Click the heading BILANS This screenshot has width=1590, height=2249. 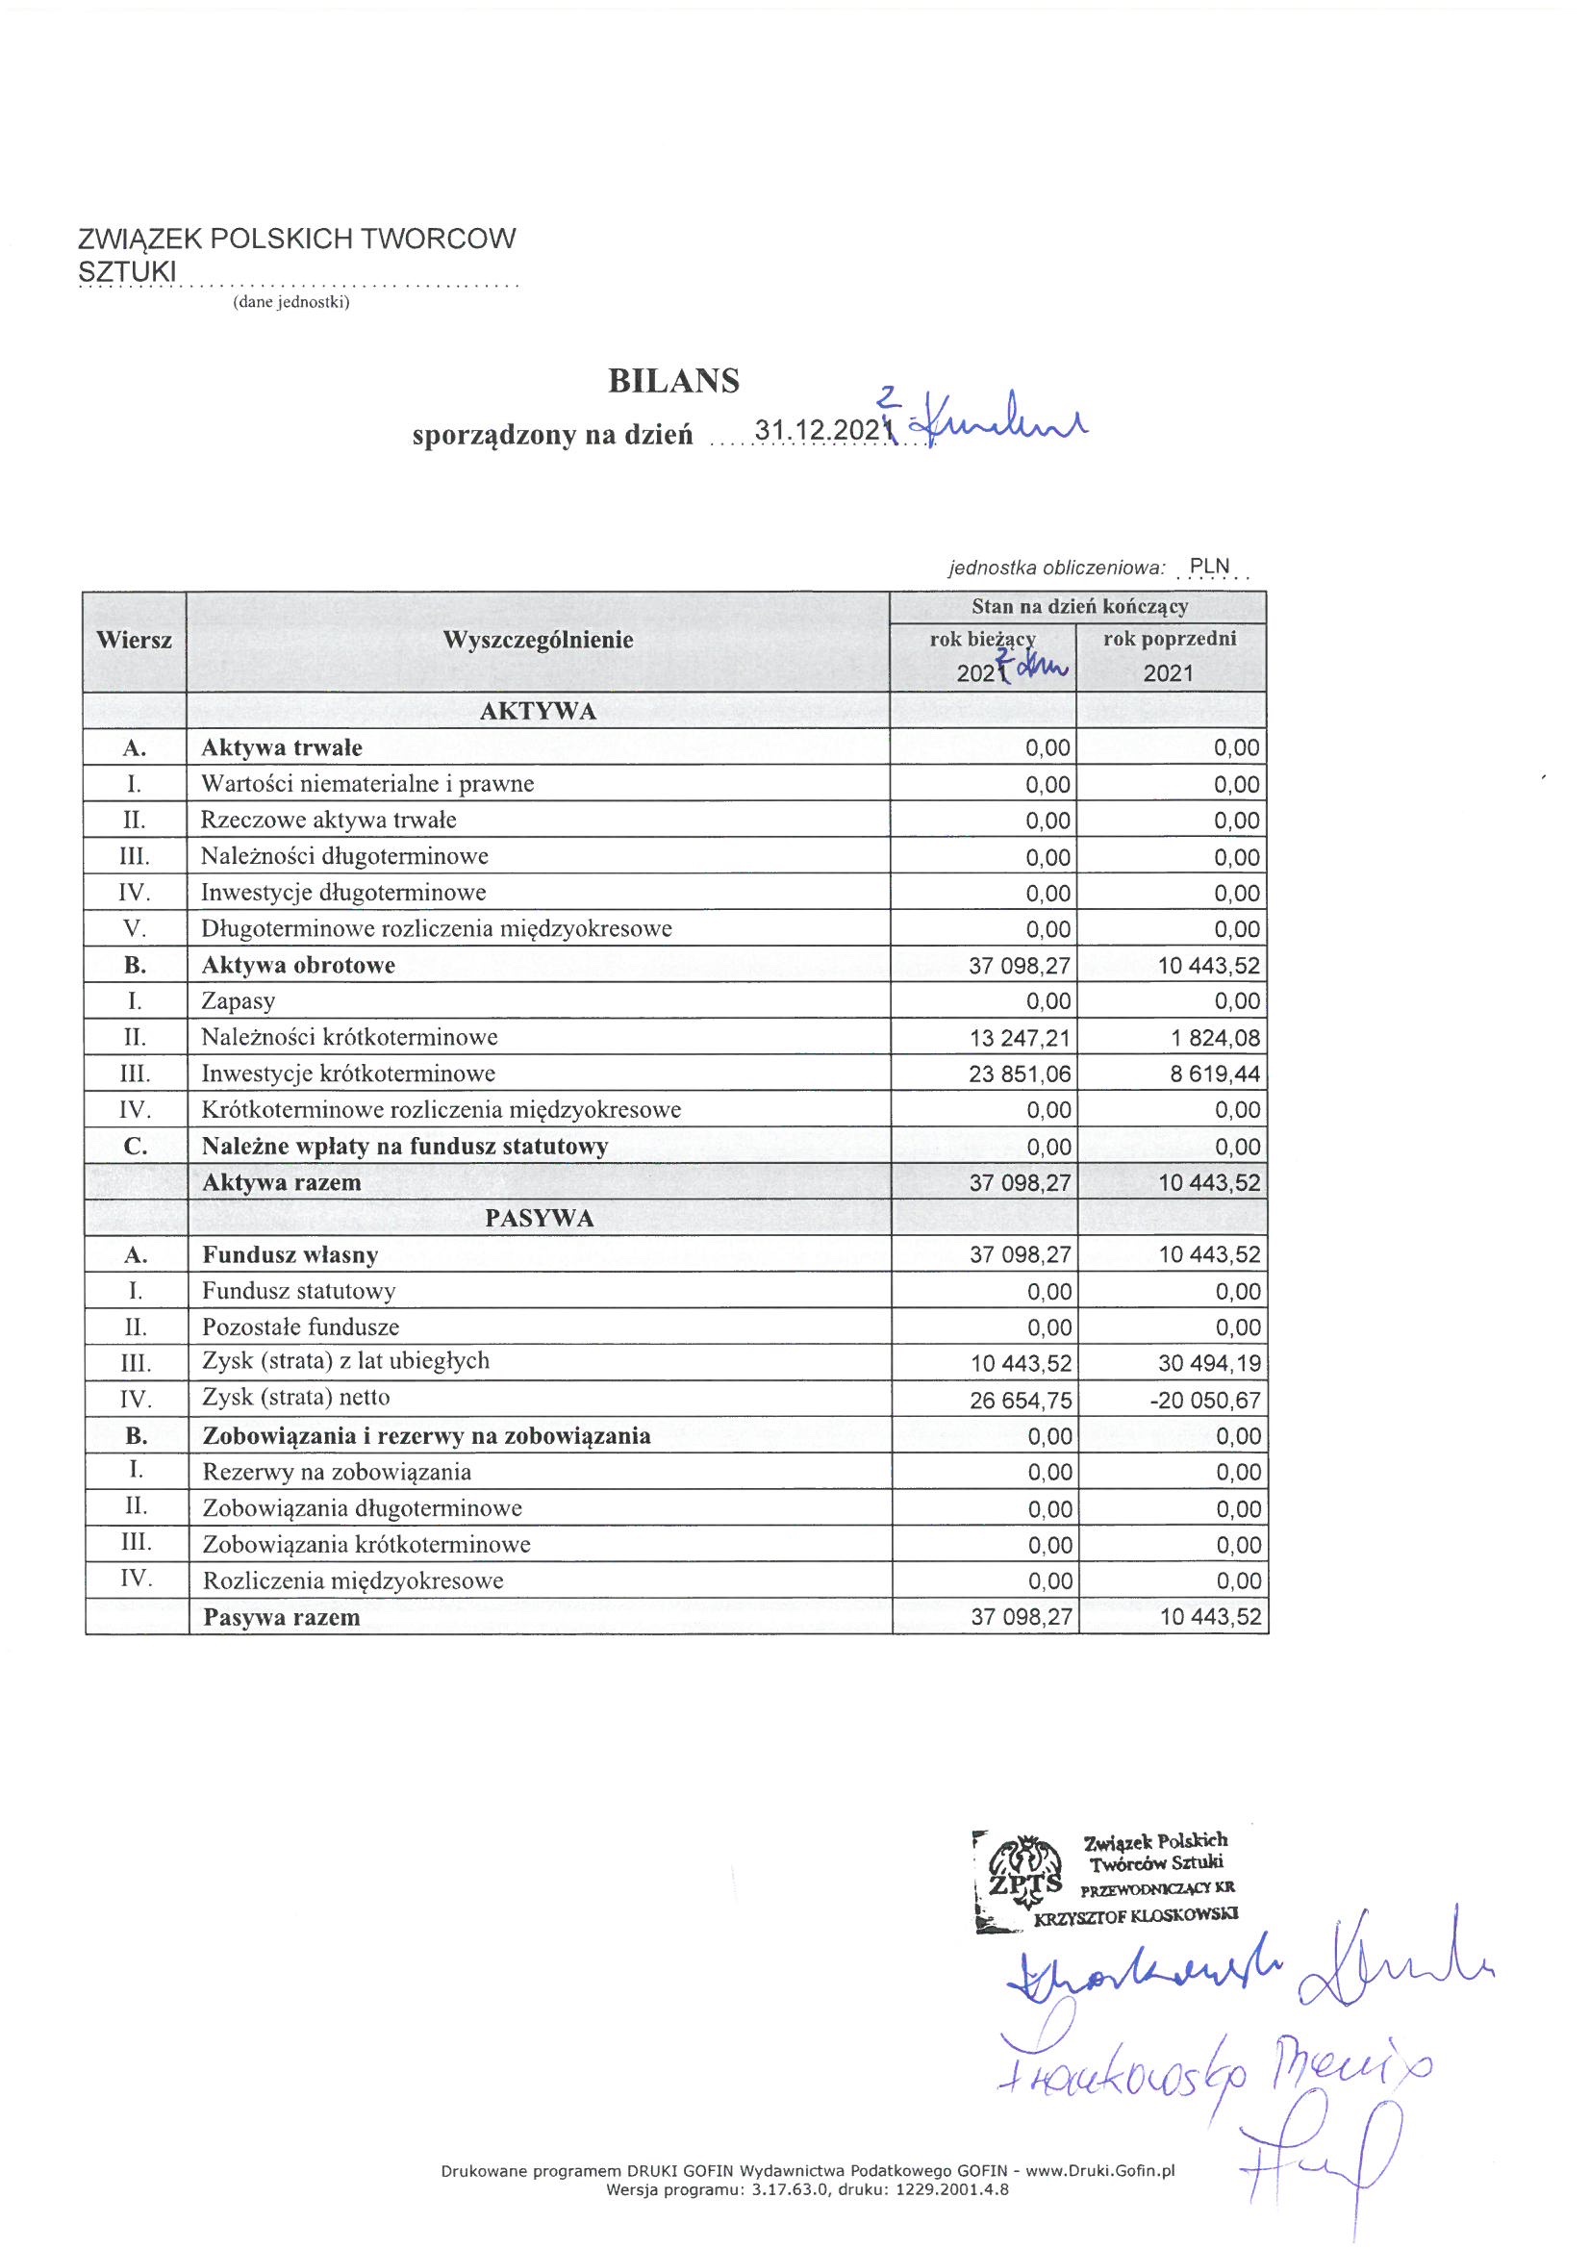tap(673, 381)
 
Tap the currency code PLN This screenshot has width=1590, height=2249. tap(1209, 567)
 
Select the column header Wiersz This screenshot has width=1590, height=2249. tap(135, 641)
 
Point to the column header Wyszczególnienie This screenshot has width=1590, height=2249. tap(538, 641)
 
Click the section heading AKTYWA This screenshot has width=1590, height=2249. tap(538, 712)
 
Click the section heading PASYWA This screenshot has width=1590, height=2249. tap(538, 1219)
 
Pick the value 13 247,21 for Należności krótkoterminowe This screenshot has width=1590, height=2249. tap(1020, 1037)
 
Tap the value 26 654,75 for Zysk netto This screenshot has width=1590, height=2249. tap(1021, 1400)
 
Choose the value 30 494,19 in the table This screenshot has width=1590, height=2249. tap(1210, 1363)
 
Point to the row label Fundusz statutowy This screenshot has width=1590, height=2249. tap(299, 1291)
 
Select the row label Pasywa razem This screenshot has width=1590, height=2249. tap(281, 1617)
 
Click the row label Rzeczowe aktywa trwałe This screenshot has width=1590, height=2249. tap(328, 820)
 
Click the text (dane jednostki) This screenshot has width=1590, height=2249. tap(290, 303)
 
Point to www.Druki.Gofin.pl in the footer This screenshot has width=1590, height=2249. tap(1099, 2172)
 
